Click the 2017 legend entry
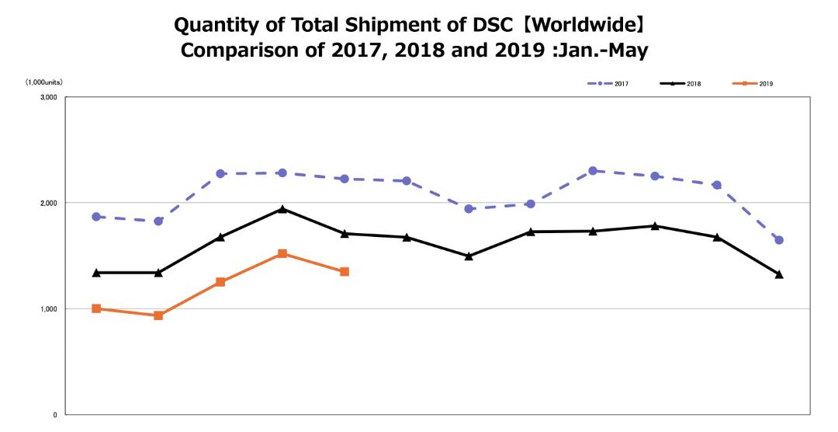coord(607,84)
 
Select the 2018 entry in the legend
coord(680,84)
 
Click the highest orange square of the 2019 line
coord(282,253)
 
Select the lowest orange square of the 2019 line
coord(158,315)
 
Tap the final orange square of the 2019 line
coord(345,271)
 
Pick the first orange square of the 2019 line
coord(96,308)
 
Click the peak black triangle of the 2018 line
coord(282,209)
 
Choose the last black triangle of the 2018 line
coord(779,274)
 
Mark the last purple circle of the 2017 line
coord(779,240)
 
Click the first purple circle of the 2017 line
coord(96,217)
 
